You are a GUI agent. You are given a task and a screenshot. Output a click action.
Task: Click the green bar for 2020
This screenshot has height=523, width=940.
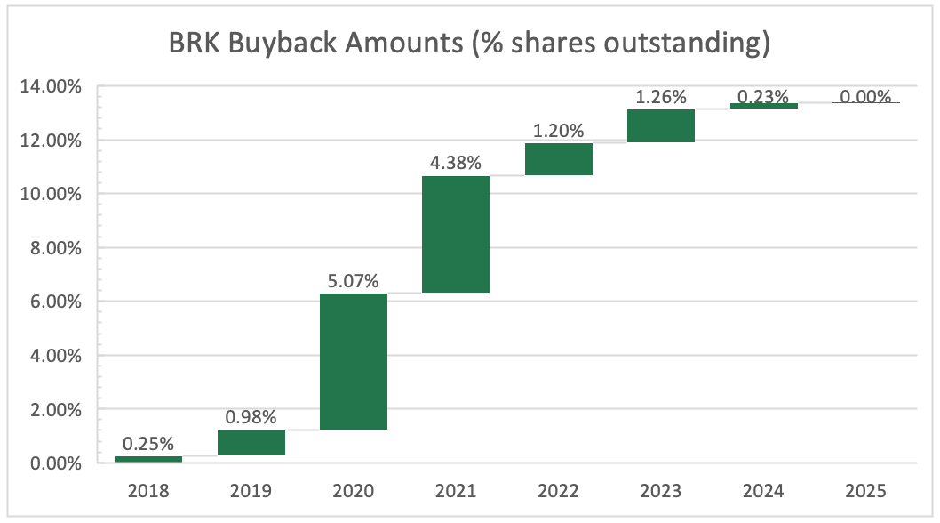pyautogui.click(x=354, y=361)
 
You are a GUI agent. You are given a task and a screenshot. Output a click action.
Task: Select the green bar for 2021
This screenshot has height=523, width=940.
pyautogui.click(x=456, y=234)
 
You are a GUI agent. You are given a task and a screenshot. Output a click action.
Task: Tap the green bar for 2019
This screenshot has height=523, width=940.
pyautogui.click(x=251, y=443)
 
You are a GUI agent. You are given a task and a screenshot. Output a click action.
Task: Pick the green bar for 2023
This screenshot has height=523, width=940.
pyautogui.click(x=660, y=125)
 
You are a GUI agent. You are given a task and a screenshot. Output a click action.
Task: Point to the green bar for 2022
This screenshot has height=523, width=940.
pyautogui.click(x=558, y=159)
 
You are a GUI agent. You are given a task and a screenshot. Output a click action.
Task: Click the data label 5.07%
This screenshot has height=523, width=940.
pyautogui.click(x=353, y=281)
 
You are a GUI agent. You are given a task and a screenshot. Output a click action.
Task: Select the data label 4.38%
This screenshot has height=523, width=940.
pyautogui.click(x=456, y=163)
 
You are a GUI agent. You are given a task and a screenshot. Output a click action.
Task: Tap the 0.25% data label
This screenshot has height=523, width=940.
pyautogui.click(x=148, y=444)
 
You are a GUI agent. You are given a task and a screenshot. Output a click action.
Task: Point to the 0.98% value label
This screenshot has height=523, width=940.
pyautogui.click(x=251, y=417)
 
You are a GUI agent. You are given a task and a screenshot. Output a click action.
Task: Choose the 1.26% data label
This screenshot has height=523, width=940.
pyautogui.click(x=660, y=96)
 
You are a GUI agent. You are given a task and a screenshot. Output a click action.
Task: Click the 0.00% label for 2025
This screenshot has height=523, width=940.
pyautogui.click(x=865, y=96)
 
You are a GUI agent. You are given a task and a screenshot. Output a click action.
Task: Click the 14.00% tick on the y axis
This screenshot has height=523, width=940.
pyautogui.click(x=55, y=86)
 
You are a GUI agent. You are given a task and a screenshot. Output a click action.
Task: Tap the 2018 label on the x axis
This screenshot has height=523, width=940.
pyautogui.click(x=148, y=490)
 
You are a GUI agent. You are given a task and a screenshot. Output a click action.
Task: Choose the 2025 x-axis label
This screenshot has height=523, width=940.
pyautogui.click(x=865, y=490)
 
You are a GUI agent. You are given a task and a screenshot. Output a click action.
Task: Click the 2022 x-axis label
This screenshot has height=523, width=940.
pyautogui.click(x=558, y=490)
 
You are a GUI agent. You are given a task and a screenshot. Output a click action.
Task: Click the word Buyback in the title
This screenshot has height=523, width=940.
pyautogui.click(x=286, y=43)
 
